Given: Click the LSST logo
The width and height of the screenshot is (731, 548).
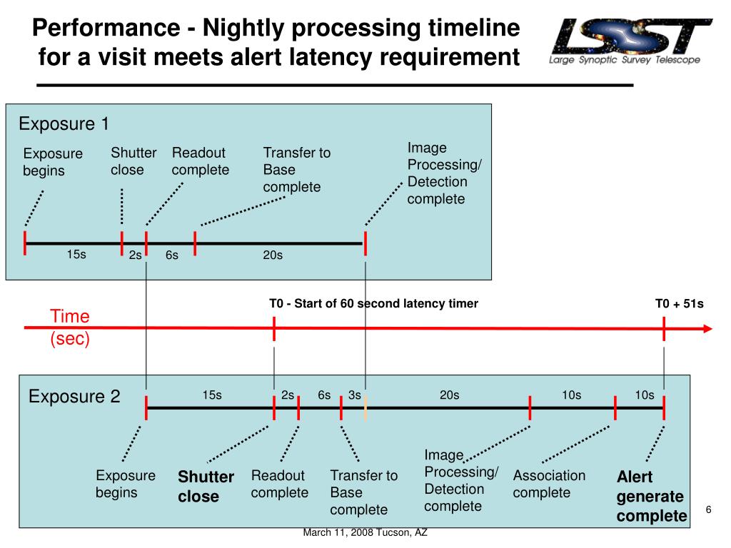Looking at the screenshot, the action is click(630, 41).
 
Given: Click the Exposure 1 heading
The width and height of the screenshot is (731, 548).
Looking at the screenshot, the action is click(64, 124).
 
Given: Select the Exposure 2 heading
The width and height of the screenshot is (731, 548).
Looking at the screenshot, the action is click(74, 397).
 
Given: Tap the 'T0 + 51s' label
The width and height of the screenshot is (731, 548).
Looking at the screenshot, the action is click(680, 304).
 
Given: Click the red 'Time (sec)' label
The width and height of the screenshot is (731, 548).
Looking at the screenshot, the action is click(70, 327).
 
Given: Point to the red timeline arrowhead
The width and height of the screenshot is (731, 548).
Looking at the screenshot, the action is click(707, 328).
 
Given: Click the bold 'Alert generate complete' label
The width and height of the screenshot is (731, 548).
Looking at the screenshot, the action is click(651, 497).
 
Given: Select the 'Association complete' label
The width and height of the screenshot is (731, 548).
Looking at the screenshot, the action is click(549, 484).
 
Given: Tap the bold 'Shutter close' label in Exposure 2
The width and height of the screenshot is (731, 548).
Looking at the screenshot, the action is click(206, 486).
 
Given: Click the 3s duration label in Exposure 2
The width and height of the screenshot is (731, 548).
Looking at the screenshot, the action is click(354, 395).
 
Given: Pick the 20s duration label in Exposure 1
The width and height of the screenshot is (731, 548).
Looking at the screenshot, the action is click(273, 255).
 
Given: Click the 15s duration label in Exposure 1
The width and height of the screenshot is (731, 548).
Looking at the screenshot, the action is click(76, 255).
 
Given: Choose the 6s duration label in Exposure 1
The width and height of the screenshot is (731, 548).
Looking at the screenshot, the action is click(172, 255).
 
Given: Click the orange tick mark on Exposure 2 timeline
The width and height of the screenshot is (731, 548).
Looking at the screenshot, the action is click(365, 408).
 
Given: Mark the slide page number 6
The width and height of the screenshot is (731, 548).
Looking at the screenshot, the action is click(709, 509).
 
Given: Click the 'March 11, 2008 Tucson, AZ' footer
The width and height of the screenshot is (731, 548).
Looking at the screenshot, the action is click(365, 532).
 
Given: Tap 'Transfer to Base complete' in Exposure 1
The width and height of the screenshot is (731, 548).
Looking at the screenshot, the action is click(296, 170).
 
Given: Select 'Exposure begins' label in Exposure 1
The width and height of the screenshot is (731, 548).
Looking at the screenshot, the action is click(53, 162).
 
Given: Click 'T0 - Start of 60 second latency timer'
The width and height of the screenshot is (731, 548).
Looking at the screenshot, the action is click(373, 303).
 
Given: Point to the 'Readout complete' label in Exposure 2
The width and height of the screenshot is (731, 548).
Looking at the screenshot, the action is click(279, 484).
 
